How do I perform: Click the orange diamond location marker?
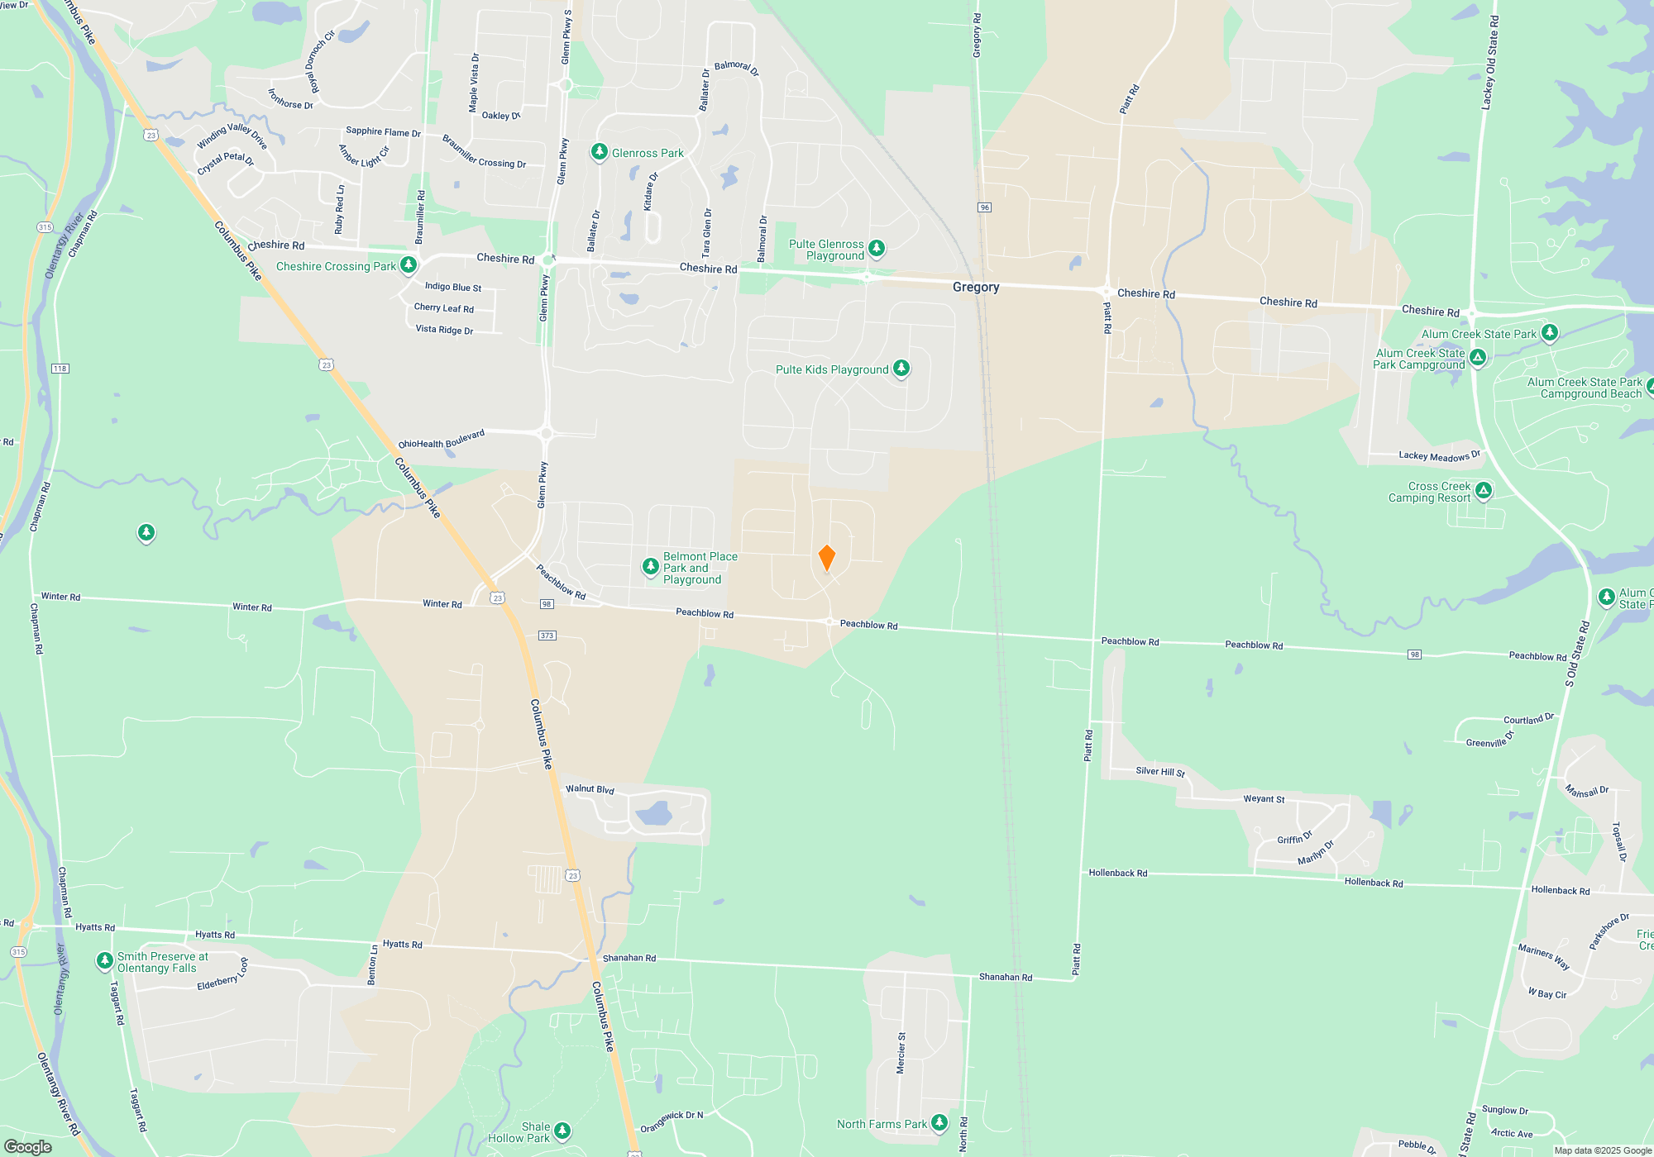pyautogui.click(x=826, y=558)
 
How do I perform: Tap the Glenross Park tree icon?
pyautogui.click(x=599, y=152)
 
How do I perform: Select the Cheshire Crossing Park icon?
pyautogui.click(x=408, y=265)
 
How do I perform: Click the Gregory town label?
pyautogui.click(x=976, y=288)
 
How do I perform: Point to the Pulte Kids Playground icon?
pyautogui.click(x=901, y=369)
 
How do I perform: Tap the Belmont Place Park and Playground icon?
pyautogui.click(x=651, y=567)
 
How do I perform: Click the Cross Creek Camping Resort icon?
pyautogui.click(x=1484, y=491)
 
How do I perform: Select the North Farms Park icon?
pyautogui.click(x=939, y=1122)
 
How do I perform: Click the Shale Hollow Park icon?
pyautogui.click(x=562, y=1131)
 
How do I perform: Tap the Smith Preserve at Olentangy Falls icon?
pyautogui.click(x=104, y=960)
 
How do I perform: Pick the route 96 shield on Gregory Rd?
pyautogui.click(x=984, y=207)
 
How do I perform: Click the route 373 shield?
pyautogui.click(x=547, y=636)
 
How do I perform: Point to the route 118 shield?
pyautogui.click(x=60, y=369)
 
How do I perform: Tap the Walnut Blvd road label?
pyautogui.click(x=590, y=789)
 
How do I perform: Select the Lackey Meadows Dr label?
pyautogui.click(x=1439, y=455)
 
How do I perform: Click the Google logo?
pyautogui.click(x=27, y=1146)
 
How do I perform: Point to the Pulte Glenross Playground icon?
pyautogui.click(x=877, y=248)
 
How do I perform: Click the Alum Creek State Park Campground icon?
pyautogui.click(x=1478, y=358)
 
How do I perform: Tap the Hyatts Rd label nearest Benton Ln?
pyautogui.click(x=402, y=944)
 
